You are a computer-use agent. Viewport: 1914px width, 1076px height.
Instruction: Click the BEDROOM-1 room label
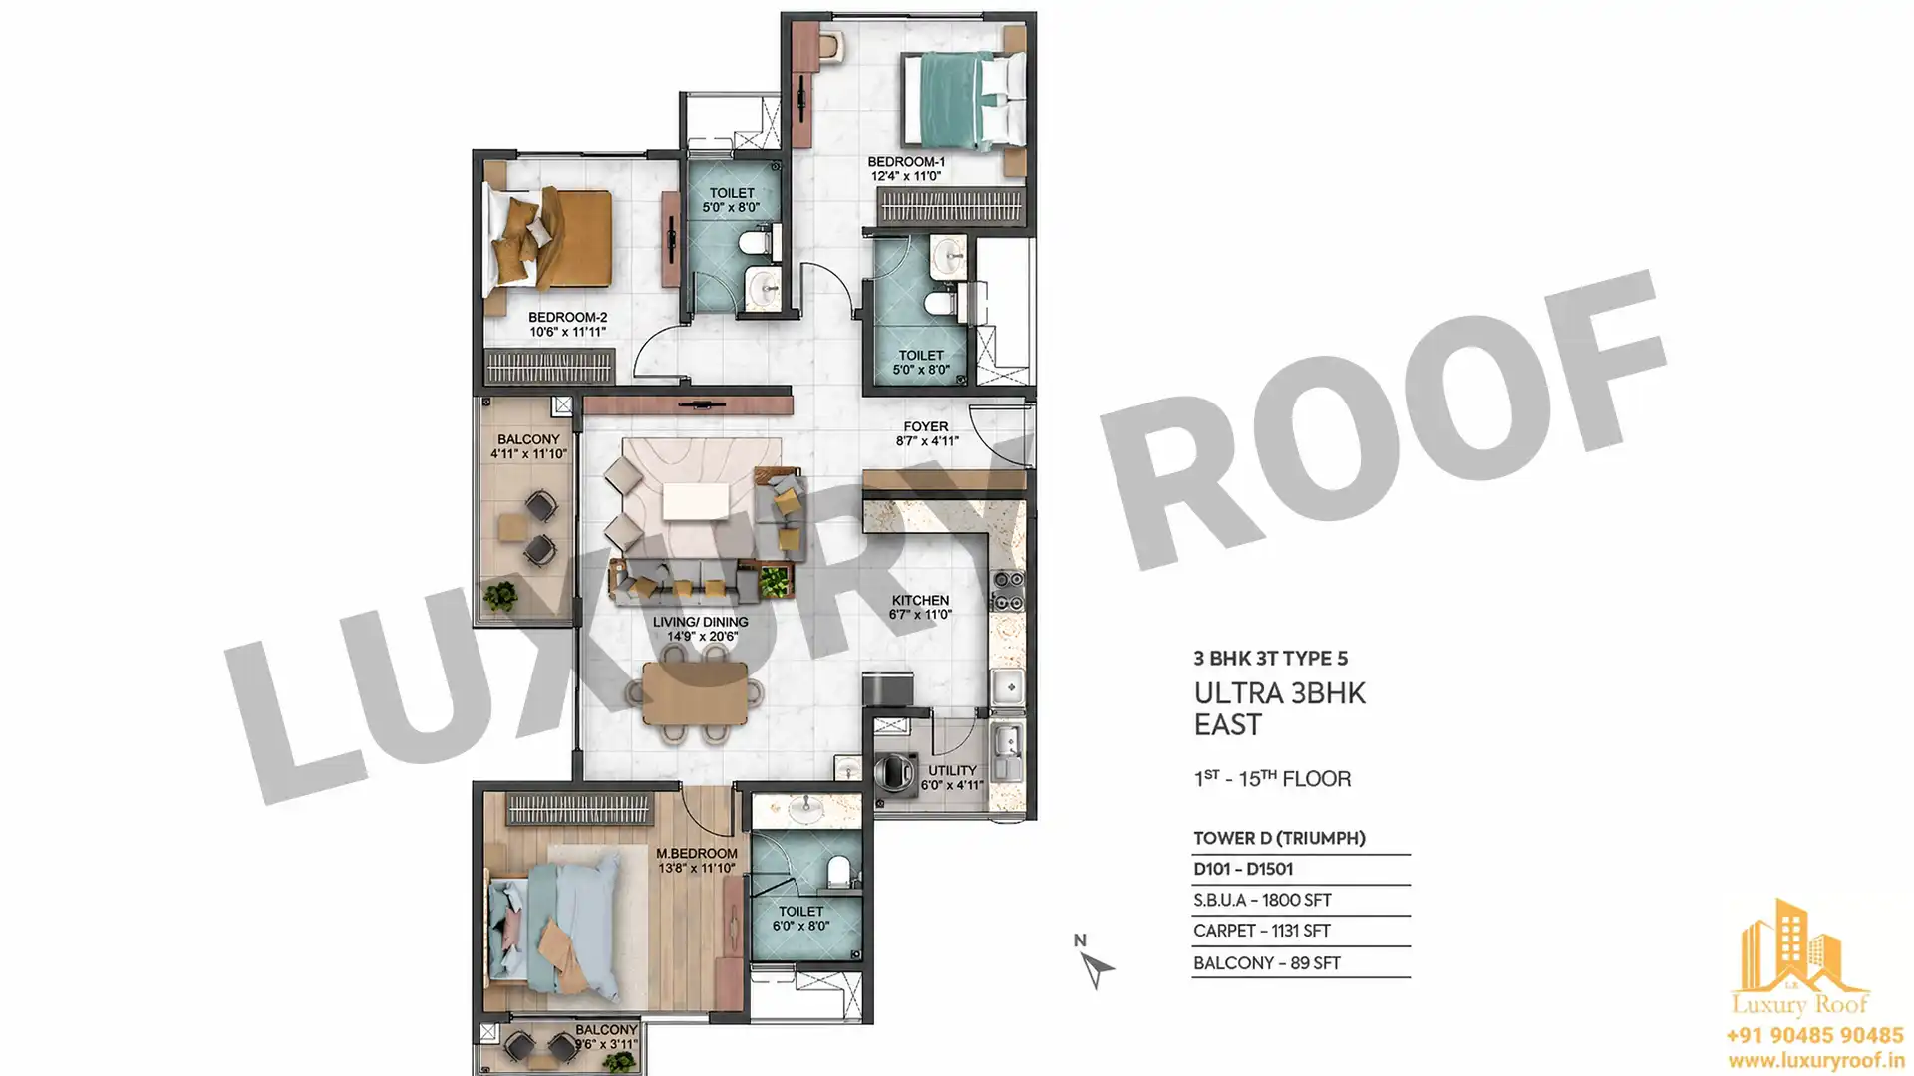[x=906, y=162]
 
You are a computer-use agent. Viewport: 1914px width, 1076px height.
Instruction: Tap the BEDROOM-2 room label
[x=567, y=318]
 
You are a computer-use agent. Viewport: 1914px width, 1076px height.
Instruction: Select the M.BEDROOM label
[x=697, y=854]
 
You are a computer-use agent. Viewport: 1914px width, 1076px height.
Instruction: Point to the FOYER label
[x=926, y=426]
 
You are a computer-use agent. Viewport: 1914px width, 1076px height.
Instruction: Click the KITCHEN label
[x=920, y=600]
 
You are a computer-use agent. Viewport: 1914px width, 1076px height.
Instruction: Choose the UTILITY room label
[x=952, y=770]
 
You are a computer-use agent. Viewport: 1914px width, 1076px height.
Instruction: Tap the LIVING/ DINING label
[x=701, y=622]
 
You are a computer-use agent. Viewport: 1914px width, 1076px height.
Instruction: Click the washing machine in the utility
[x=896, y=774]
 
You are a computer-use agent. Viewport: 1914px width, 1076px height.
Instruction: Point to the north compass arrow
[x=1096, y=967]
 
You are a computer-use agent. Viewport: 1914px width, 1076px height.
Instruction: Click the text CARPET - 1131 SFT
[x=1261, y=931]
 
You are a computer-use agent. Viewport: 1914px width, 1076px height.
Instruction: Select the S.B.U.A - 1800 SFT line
[x=1262, y=900]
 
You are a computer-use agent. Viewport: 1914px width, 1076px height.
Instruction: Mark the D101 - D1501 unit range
[x=1243, y=869]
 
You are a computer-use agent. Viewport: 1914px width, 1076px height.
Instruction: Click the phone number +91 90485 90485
[x=1814, y=1036]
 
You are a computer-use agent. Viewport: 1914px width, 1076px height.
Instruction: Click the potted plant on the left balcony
[x=499, y=597]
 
